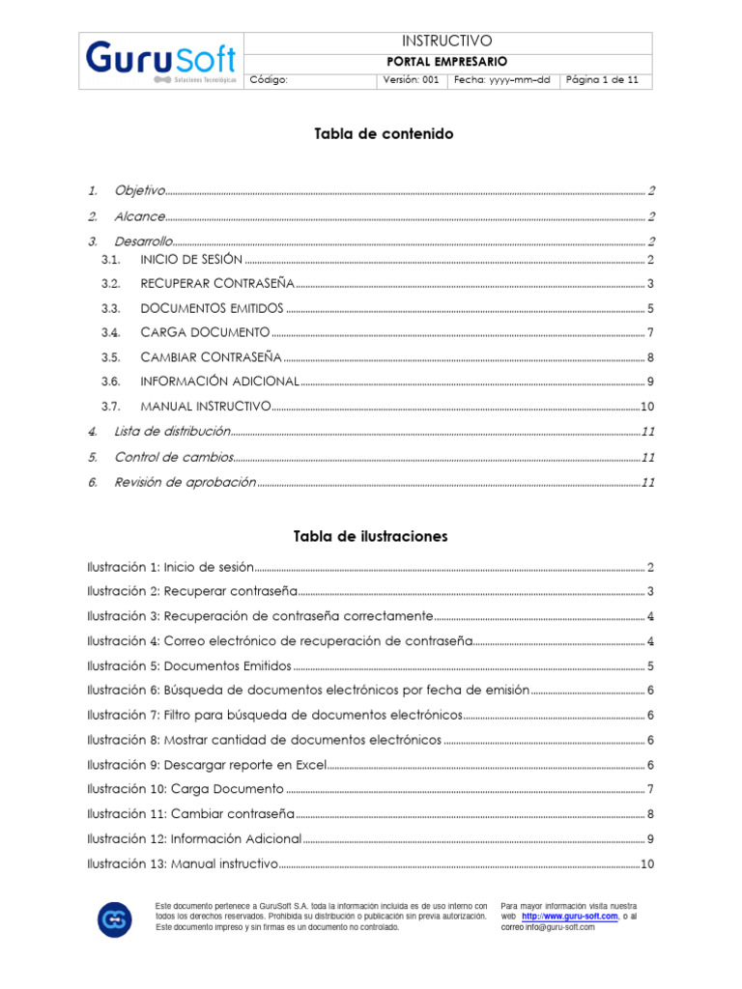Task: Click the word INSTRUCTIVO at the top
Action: pyautogui.click(x=446, y=41)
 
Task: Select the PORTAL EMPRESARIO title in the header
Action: pyautogui.click(x=446, y=61)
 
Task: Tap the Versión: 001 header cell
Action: pyautogui.click(x=411, y=80)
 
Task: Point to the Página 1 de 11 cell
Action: pyautogui.click(x=602, y=80)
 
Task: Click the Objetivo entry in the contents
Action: pyautogui.click(x=140, y=190)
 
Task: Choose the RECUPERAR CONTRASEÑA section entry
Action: pyautogui.click(x=216, y=284)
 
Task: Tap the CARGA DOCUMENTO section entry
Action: pyautogui.click(x=205, y=332)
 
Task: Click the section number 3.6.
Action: pyautogui.click(x=110, y=381)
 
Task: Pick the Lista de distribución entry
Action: pyautogui.click(x=172, y=431)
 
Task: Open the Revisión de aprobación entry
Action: pyautogui.click(x=185, y=481)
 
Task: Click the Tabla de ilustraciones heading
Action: pyautogui.click(x=370, y=536)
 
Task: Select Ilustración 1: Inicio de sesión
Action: pyautogui.click(x=170, y=567)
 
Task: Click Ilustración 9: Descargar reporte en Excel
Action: pyautogui.click(x=207, y=764)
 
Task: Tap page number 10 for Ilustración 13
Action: pyautogui.click(x=647, y=863)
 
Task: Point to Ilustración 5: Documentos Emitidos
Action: pyautogui.click(x=188, y=665)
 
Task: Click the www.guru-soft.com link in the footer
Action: pyautogui.click(x=570, y=916)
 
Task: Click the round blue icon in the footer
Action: pyautogui.click(x=115, y=918)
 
